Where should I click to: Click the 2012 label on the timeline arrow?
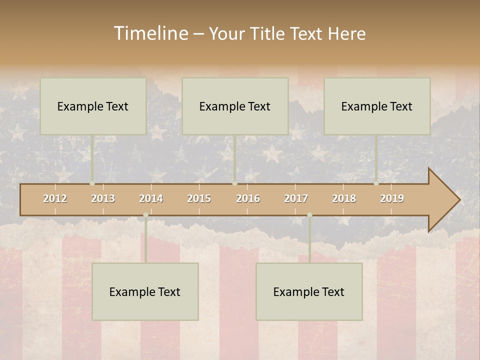click(55, 198)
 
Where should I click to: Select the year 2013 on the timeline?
click(103, 198)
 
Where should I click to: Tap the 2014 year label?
click(151, 198)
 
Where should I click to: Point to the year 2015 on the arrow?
click(199, 198)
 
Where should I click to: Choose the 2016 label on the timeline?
click(248, 198)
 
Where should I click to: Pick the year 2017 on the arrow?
click(296, 198)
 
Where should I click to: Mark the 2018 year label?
click(344, 198)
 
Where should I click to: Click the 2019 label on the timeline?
click(392, 198)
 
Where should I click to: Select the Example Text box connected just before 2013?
click(93, 106)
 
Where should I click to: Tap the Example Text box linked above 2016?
click(235, 106)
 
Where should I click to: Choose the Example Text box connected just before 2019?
click(377, 106)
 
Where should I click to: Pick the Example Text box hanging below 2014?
click(145, 291)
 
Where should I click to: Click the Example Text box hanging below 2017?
click(309, 291)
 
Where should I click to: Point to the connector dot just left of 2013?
click(92, 183)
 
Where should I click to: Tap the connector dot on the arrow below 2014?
click(145, 215)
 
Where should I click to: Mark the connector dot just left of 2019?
click(376, 183)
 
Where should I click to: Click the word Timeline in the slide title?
click(150, 33)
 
